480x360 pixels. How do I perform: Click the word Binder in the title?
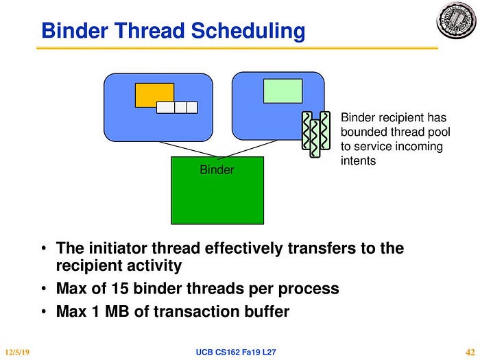tap(75, 31)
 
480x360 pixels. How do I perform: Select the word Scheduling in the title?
tap(248, 32)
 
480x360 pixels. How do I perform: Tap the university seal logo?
tap(456, 21)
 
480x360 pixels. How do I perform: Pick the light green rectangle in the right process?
tap(283, 91)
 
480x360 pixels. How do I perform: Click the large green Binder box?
tap(217, 191)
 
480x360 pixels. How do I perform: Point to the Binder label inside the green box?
tap(217, 169)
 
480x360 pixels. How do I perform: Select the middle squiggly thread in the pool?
tap(315, 139)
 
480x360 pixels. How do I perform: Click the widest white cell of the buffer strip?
tap(165, 108)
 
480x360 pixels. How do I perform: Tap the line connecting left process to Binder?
tap(189, 149)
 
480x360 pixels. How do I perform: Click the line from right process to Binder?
tap(248, 149)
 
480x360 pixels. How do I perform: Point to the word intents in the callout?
tap(358, 160)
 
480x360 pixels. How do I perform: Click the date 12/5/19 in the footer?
tap(17, 352)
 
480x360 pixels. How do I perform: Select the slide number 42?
tap(470, 352)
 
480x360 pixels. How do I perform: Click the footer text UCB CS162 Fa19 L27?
tap(236, 352)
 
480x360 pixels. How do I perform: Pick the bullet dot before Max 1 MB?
tap(44, 311)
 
